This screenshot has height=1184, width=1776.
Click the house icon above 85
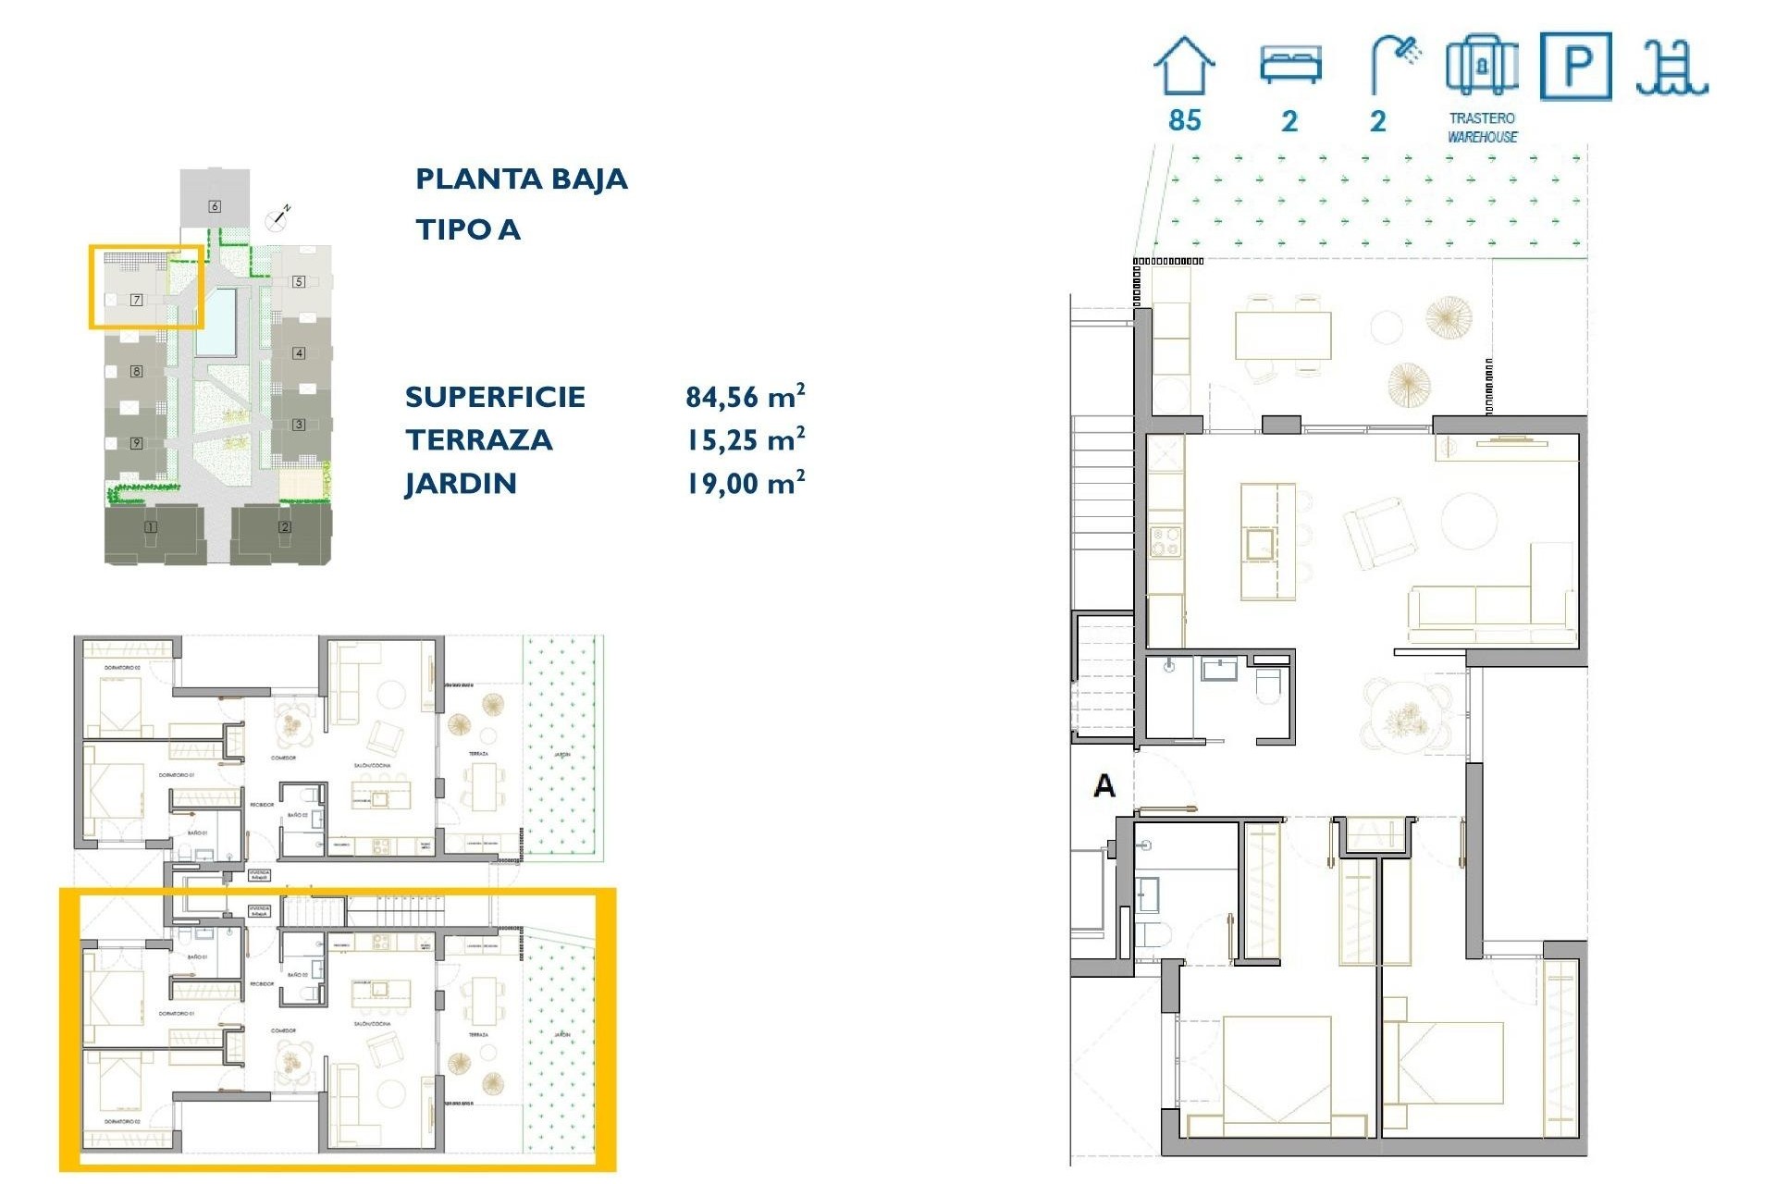click(1184, 67)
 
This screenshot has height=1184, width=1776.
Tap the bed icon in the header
click(1290, 65)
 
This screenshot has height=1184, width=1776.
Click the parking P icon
click(1575, 67)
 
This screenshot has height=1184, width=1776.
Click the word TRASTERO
click(1482, 118)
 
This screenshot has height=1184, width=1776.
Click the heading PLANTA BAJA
click(521, 179)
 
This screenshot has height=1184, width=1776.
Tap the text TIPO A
click(467, 229)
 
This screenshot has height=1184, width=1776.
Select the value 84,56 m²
click(745, 397)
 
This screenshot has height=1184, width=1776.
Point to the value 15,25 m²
click(745, 440)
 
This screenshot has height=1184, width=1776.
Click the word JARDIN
click(461, 484)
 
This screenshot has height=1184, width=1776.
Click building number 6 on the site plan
click(215, 206)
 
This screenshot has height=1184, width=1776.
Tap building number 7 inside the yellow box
click(136, 300)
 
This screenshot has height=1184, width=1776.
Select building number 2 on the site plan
click(285, 527)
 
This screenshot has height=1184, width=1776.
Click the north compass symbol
click(277, 218)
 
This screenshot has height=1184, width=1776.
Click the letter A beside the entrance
click(1104, 786)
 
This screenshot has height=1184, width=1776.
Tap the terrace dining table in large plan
click(1283, 336)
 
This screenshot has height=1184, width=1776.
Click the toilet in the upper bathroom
click(1268, 684)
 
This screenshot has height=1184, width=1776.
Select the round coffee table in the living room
click(1469, 521)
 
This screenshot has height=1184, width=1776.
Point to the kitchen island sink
click(1259, 544)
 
